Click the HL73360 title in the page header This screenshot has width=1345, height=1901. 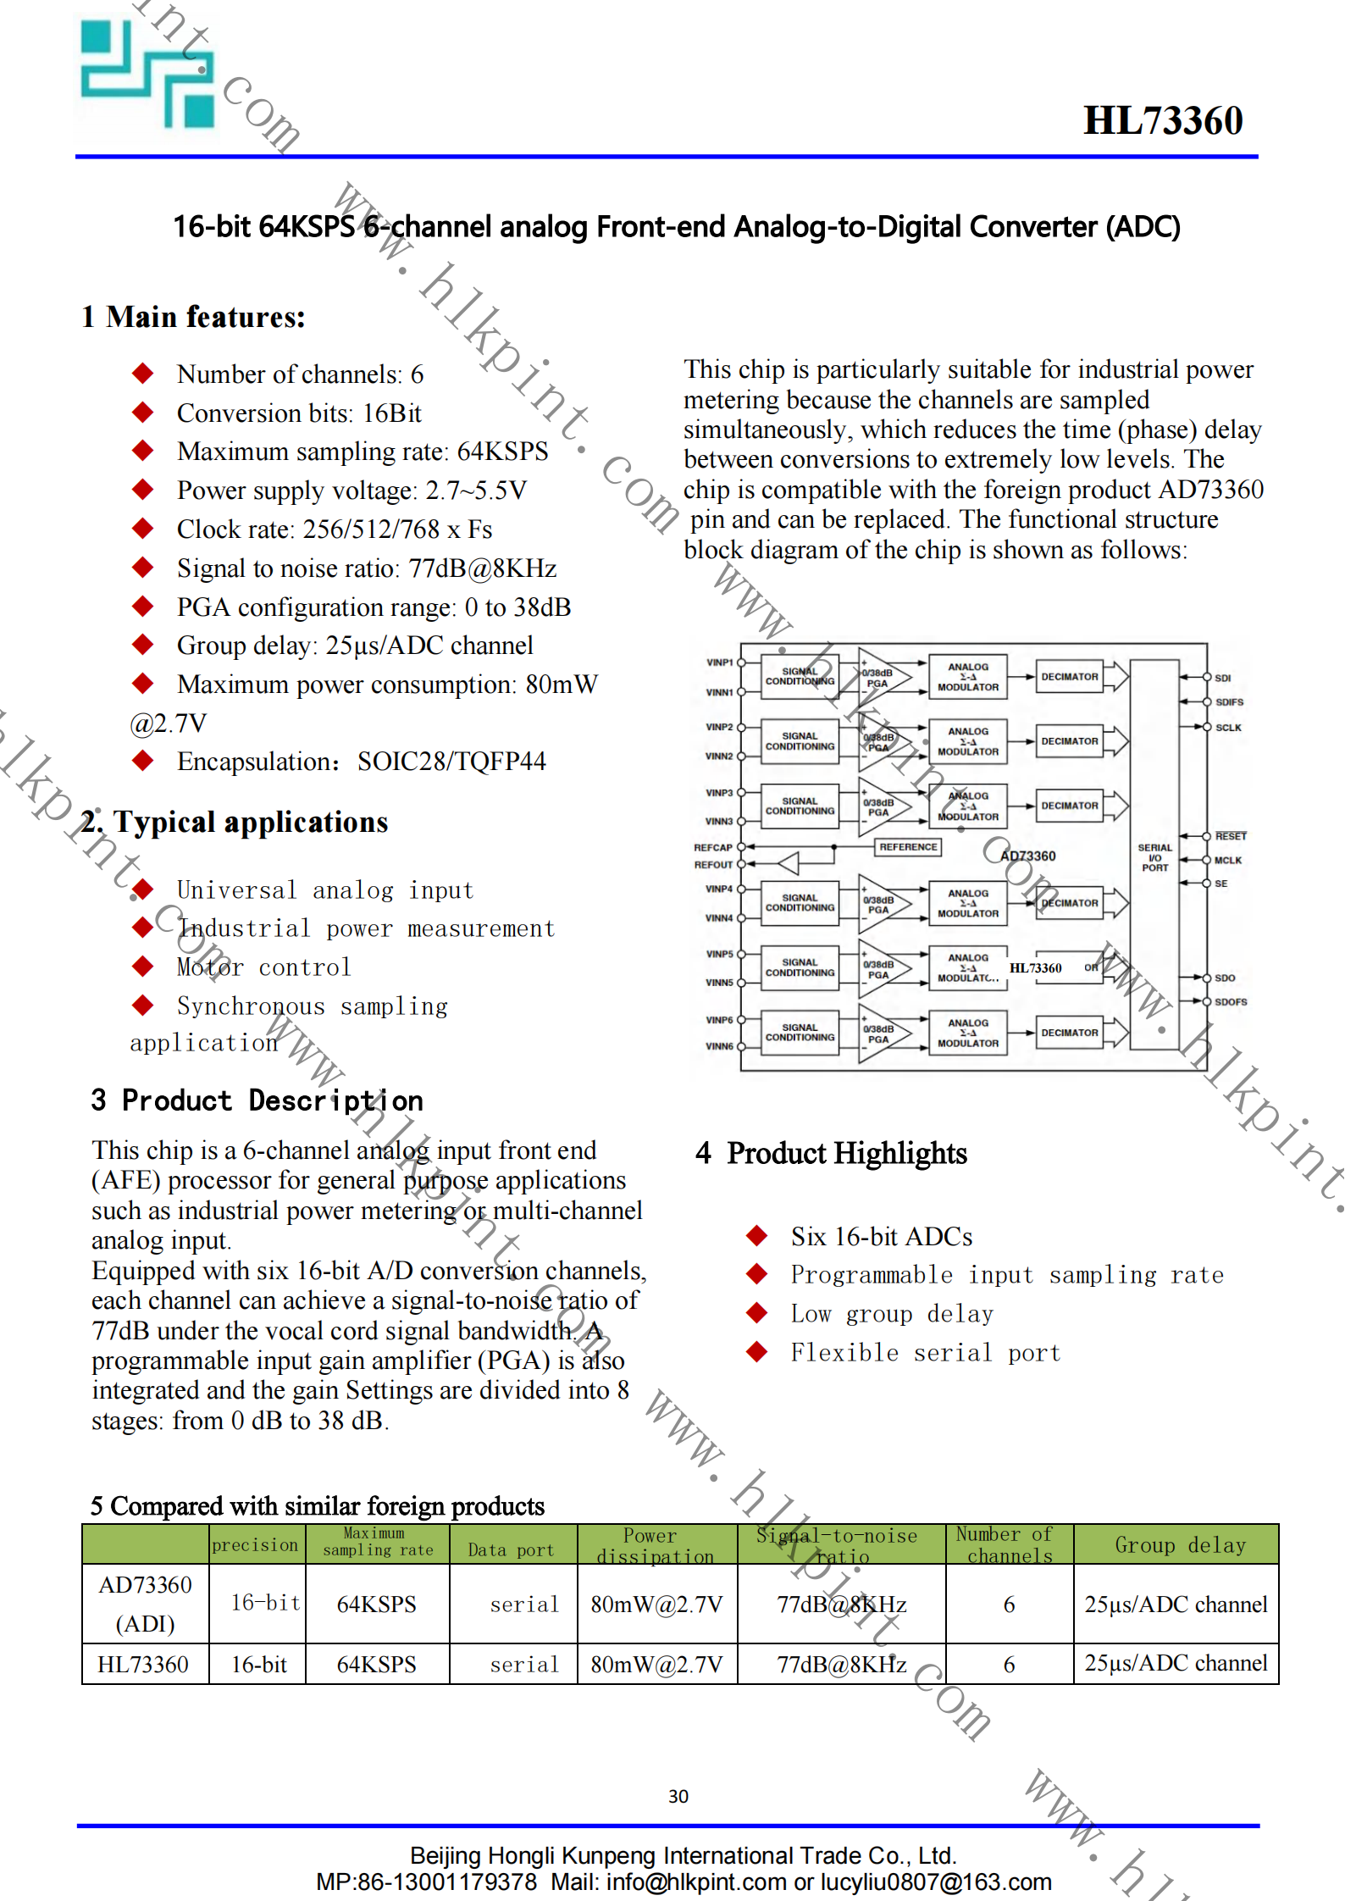tap(1163, 121)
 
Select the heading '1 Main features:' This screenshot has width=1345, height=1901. tap(193, 317)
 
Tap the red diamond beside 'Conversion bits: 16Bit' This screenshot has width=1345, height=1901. tap(143, 413)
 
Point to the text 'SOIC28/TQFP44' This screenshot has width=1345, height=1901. tap(451, 762)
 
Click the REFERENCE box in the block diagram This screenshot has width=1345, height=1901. tap(908, 846)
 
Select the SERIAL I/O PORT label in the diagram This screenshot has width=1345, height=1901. tap(1154, 857)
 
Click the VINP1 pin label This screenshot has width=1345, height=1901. tap(720, 662)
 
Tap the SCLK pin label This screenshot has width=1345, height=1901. tap(1228, 728)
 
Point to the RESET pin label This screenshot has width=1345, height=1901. tap(1231, 836)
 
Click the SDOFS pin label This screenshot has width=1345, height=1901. tap(1231, 1002)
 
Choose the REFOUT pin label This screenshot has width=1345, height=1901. tap(713, 865)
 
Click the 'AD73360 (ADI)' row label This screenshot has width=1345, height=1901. tap(146, 1604)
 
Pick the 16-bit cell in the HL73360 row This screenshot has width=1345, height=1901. tap(259, 1665)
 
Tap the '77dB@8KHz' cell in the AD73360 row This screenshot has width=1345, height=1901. tap(842, 1604)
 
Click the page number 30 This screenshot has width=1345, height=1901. tap(678, 1796)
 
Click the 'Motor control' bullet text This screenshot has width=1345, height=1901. tap(263, 967)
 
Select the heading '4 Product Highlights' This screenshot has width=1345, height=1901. tap(832, 1154)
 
